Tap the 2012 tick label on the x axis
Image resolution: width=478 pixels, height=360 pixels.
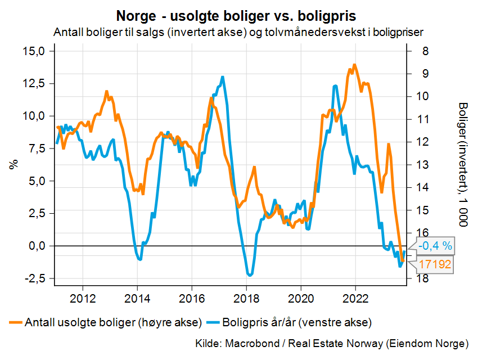click(83, 296)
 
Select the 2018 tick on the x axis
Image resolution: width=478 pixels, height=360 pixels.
click(246, 296)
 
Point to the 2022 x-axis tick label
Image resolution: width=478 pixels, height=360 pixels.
click(355, 296)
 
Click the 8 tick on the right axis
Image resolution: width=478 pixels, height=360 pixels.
click(423, 51)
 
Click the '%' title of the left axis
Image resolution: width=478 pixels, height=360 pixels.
click(12, 165)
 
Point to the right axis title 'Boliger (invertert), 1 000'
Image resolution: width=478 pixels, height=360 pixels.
click(463, 165)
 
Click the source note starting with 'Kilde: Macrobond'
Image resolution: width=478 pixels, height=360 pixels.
click(332, 343)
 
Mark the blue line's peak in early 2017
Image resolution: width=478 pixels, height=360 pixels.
click(223, 77)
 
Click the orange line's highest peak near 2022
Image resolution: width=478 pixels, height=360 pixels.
click(354, 65)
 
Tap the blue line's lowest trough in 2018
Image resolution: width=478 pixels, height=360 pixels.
click(250, 275)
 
